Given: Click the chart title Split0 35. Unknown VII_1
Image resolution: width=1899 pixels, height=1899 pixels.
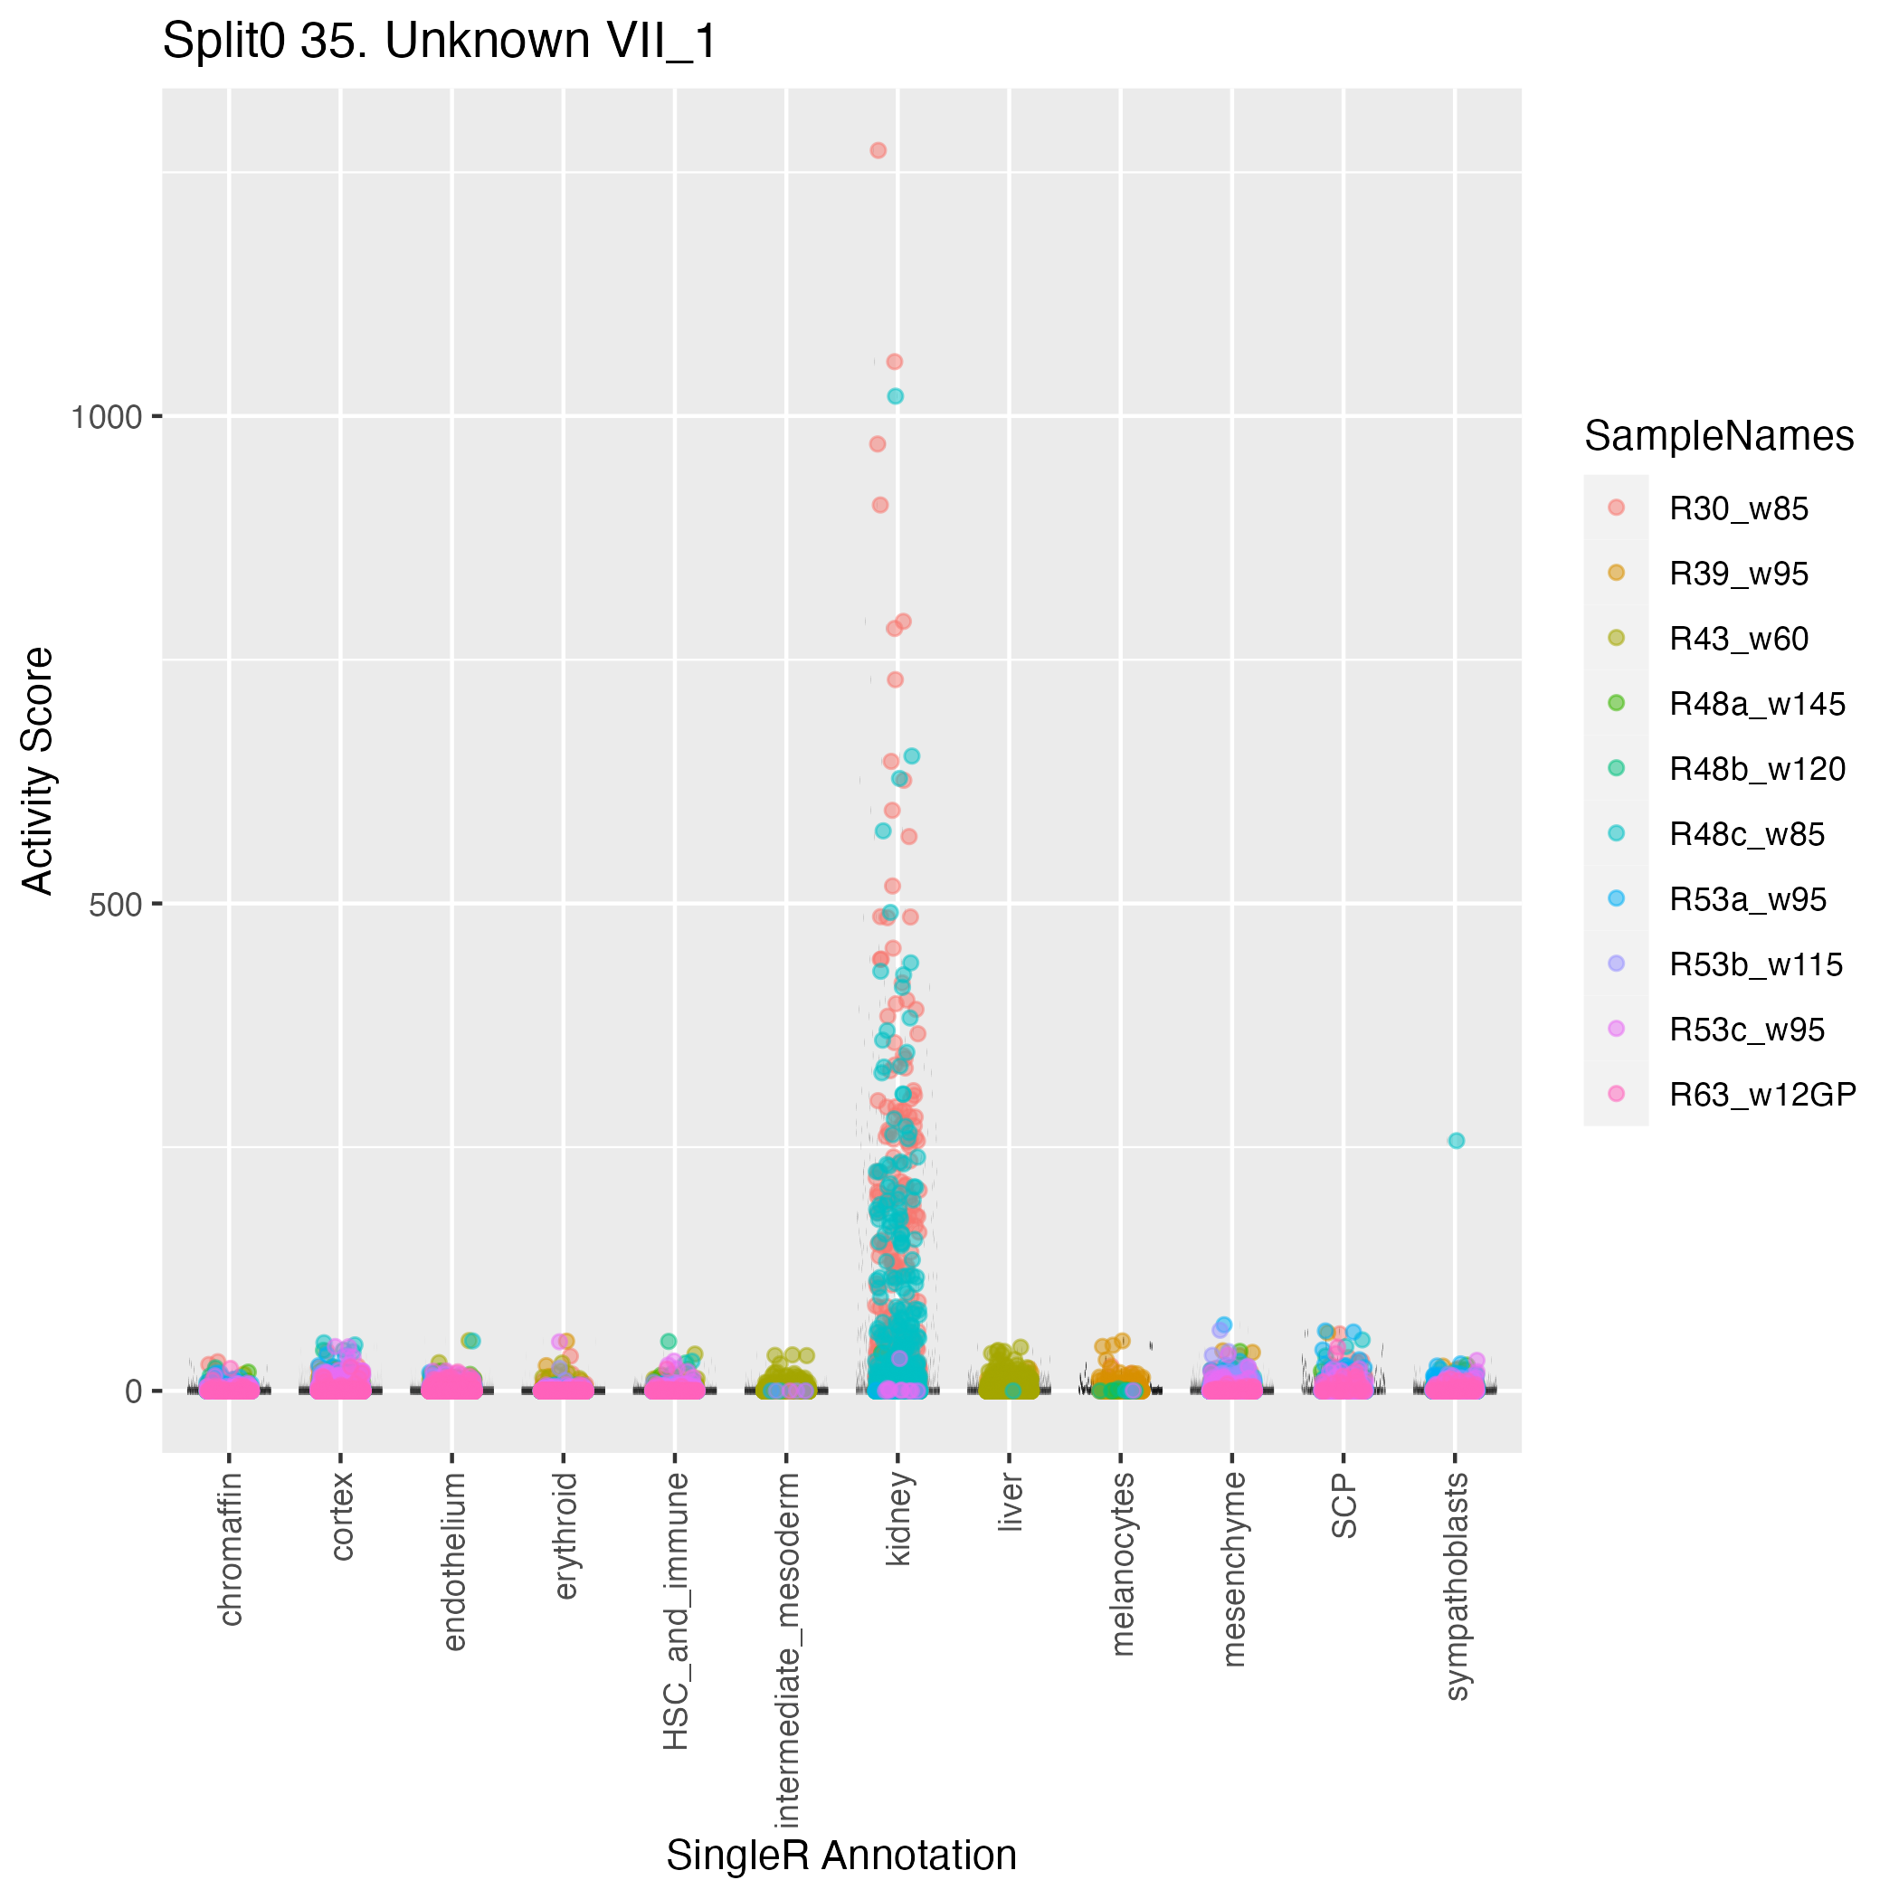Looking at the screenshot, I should coord(440,43).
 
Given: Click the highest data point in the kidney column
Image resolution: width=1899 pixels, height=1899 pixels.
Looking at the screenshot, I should coord(878,150).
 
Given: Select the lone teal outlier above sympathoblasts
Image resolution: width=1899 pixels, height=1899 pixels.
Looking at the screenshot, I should coord(1457,1140).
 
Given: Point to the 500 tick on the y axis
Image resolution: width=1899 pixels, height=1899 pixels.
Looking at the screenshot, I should coord(116,905).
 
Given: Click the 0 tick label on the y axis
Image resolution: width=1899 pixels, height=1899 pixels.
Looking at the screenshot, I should coord(135,1391).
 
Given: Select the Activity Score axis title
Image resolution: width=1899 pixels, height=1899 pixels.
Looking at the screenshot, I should coord(37,771).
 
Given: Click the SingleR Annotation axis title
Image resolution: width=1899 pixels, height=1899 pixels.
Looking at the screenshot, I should coord(841,1856).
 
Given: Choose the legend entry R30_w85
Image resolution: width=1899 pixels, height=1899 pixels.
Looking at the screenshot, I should coord(1738,509).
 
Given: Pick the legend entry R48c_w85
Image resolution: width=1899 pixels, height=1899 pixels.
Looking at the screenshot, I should coord(1746,834).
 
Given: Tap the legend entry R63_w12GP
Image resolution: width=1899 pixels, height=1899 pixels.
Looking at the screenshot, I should coord(1761,1094).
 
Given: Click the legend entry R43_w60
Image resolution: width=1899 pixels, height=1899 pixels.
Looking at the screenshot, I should coord(1738,639).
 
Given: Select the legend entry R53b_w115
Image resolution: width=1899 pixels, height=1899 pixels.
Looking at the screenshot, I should coord(1755,964).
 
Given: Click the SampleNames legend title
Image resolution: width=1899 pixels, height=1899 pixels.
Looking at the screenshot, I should coord(1719,435).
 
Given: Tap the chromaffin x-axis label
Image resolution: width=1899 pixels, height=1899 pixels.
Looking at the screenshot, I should coord(230,1549).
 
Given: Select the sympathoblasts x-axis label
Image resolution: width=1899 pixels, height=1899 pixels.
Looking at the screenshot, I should coord(1457,1584).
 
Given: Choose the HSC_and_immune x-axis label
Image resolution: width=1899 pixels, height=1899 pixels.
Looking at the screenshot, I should coord(675,1610).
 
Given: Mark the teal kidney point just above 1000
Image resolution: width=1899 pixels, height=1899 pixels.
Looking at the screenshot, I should coord(896,396).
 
